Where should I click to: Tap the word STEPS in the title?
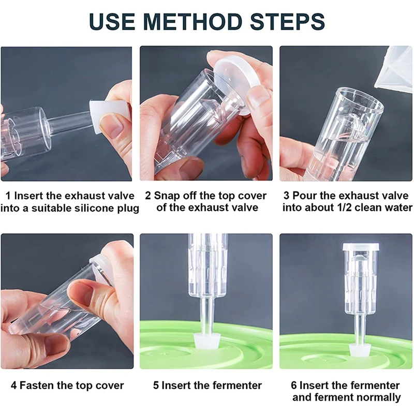(287, 21)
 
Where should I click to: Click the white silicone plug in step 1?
(110, 117)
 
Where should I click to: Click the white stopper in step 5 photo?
(206, 342)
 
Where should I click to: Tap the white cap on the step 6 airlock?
(361, 247)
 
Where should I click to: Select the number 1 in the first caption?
(8, 196)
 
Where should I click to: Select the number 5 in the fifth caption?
(156, 386)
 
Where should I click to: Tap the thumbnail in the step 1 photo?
(111, 124)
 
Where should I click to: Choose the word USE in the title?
(112, 21)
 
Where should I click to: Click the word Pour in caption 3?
(303, 196)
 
